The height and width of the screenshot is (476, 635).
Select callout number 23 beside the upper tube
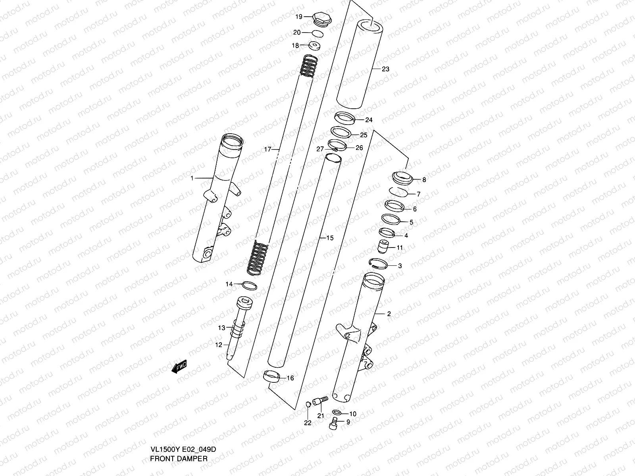[385, 69]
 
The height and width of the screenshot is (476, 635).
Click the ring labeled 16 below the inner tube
[271, 376]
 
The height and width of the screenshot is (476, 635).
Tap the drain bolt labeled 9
[334, 425]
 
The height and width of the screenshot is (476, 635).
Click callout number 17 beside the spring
[267, 149]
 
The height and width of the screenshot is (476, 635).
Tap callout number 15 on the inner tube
[330, 238]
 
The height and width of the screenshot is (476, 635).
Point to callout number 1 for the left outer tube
[192, 178]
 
